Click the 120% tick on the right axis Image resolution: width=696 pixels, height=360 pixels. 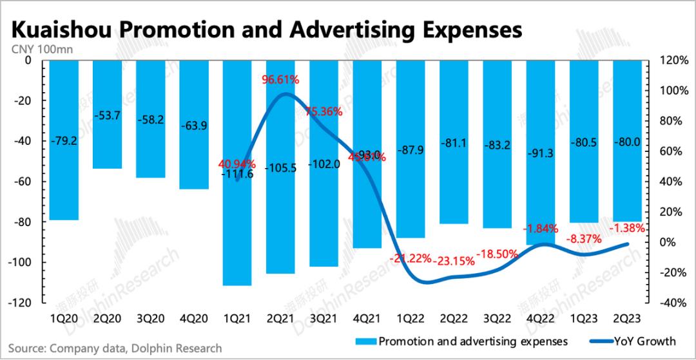pos(673,61)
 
